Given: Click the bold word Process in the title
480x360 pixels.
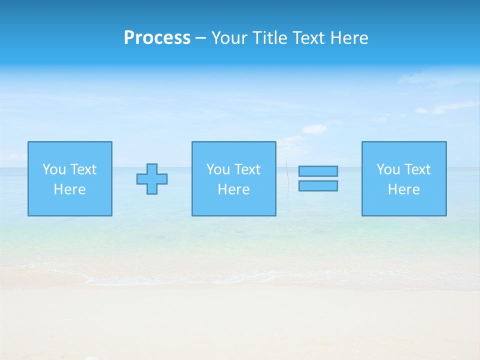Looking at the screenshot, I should coord(157,38).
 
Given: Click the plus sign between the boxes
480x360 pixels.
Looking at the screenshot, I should coord(152,179).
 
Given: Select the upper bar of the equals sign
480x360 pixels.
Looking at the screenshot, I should coord(318,171).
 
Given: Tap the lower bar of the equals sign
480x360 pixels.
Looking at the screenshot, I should coord(318,185).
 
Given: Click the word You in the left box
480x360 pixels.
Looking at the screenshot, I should coord(54,169).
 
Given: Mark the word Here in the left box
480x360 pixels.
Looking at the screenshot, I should coord(69,189).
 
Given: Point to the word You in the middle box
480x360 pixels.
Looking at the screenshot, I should coord(218,169).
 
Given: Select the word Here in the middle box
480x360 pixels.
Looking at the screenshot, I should coord(233,189).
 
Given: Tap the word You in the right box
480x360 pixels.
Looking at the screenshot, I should coord(388,169).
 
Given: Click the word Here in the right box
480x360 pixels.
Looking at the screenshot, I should coord(403,189).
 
